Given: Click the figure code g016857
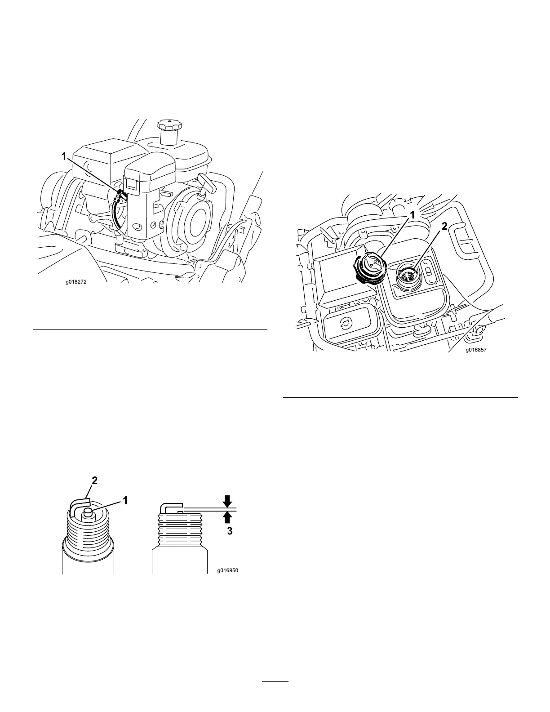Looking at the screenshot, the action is pyautogui.click(x=476, y=349).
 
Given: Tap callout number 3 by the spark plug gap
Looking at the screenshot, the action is pyautogui.click(x=229, y=531).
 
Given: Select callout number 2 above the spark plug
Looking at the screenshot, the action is pyautogui.click(x=95, y=480).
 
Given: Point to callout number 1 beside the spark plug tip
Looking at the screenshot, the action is pyautogui.click(x=126, y=499).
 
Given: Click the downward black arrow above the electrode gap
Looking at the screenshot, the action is pyautogui.click(x=227, y=500).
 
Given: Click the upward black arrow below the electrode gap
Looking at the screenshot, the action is pyautogui.click(x=227, y=517).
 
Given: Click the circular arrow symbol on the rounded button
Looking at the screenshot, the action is pyautogui.click(x=346, y=323).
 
